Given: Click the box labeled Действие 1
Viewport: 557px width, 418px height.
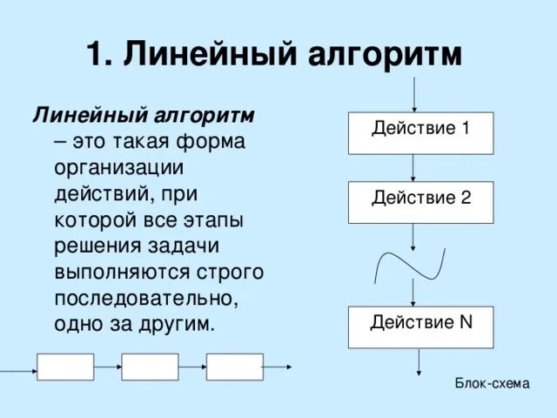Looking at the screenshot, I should pos(421,133).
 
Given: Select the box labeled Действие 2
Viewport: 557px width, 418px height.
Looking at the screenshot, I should pos(421,202).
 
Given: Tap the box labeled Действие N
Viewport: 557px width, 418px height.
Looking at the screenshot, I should pos(421,327).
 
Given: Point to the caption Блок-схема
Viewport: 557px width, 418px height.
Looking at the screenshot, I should pos(492,383).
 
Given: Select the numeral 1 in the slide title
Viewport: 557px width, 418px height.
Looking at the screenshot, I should pos(95,55).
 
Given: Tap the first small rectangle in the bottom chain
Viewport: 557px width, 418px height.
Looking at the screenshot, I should pos(65,367).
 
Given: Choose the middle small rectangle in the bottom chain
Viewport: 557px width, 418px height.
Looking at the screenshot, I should pos(150,367).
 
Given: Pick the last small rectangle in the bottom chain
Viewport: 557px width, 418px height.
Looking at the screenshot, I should pos(234,367).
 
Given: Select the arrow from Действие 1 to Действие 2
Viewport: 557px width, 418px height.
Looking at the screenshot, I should pos(414,167).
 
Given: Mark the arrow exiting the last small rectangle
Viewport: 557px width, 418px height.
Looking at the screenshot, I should pos(279,367).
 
